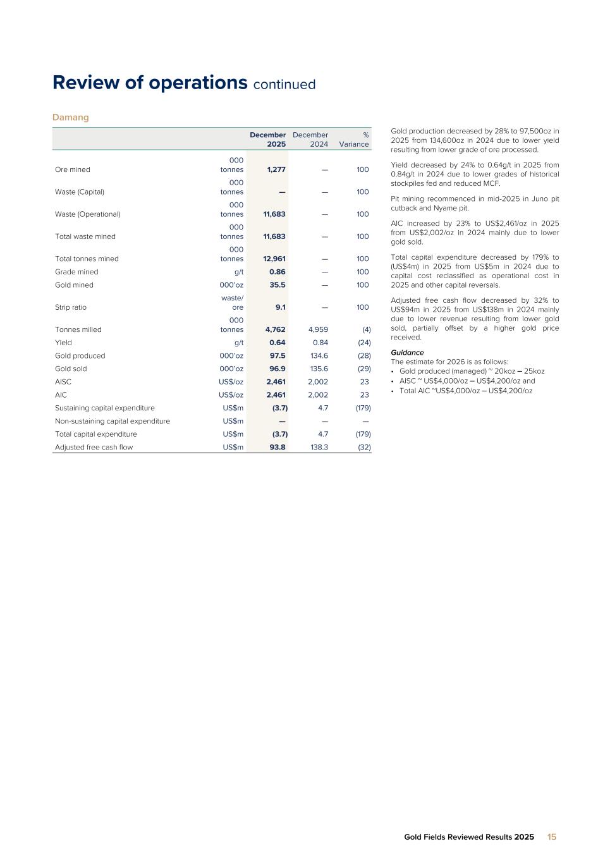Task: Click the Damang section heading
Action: tap(70, 118)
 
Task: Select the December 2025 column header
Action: tap(268, 139)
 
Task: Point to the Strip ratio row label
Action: tap(71, 307)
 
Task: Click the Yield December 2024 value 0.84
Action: tap(320, 343)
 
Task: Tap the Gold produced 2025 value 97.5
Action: tap(278, 356)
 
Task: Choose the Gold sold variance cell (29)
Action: tap(364, 369)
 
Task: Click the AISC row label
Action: tap(63, 382)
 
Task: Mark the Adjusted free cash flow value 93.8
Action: tap(278, 447)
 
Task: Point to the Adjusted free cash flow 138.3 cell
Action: tap(319, 447)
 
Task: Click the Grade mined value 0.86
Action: tap(278, 272)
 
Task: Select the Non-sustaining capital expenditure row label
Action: tap(113, 421)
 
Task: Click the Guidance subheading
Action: tap(407, 353)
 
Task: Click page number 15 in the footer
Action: tap(552, 837)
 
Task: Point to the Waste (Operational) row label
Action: tap(88, 214)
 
